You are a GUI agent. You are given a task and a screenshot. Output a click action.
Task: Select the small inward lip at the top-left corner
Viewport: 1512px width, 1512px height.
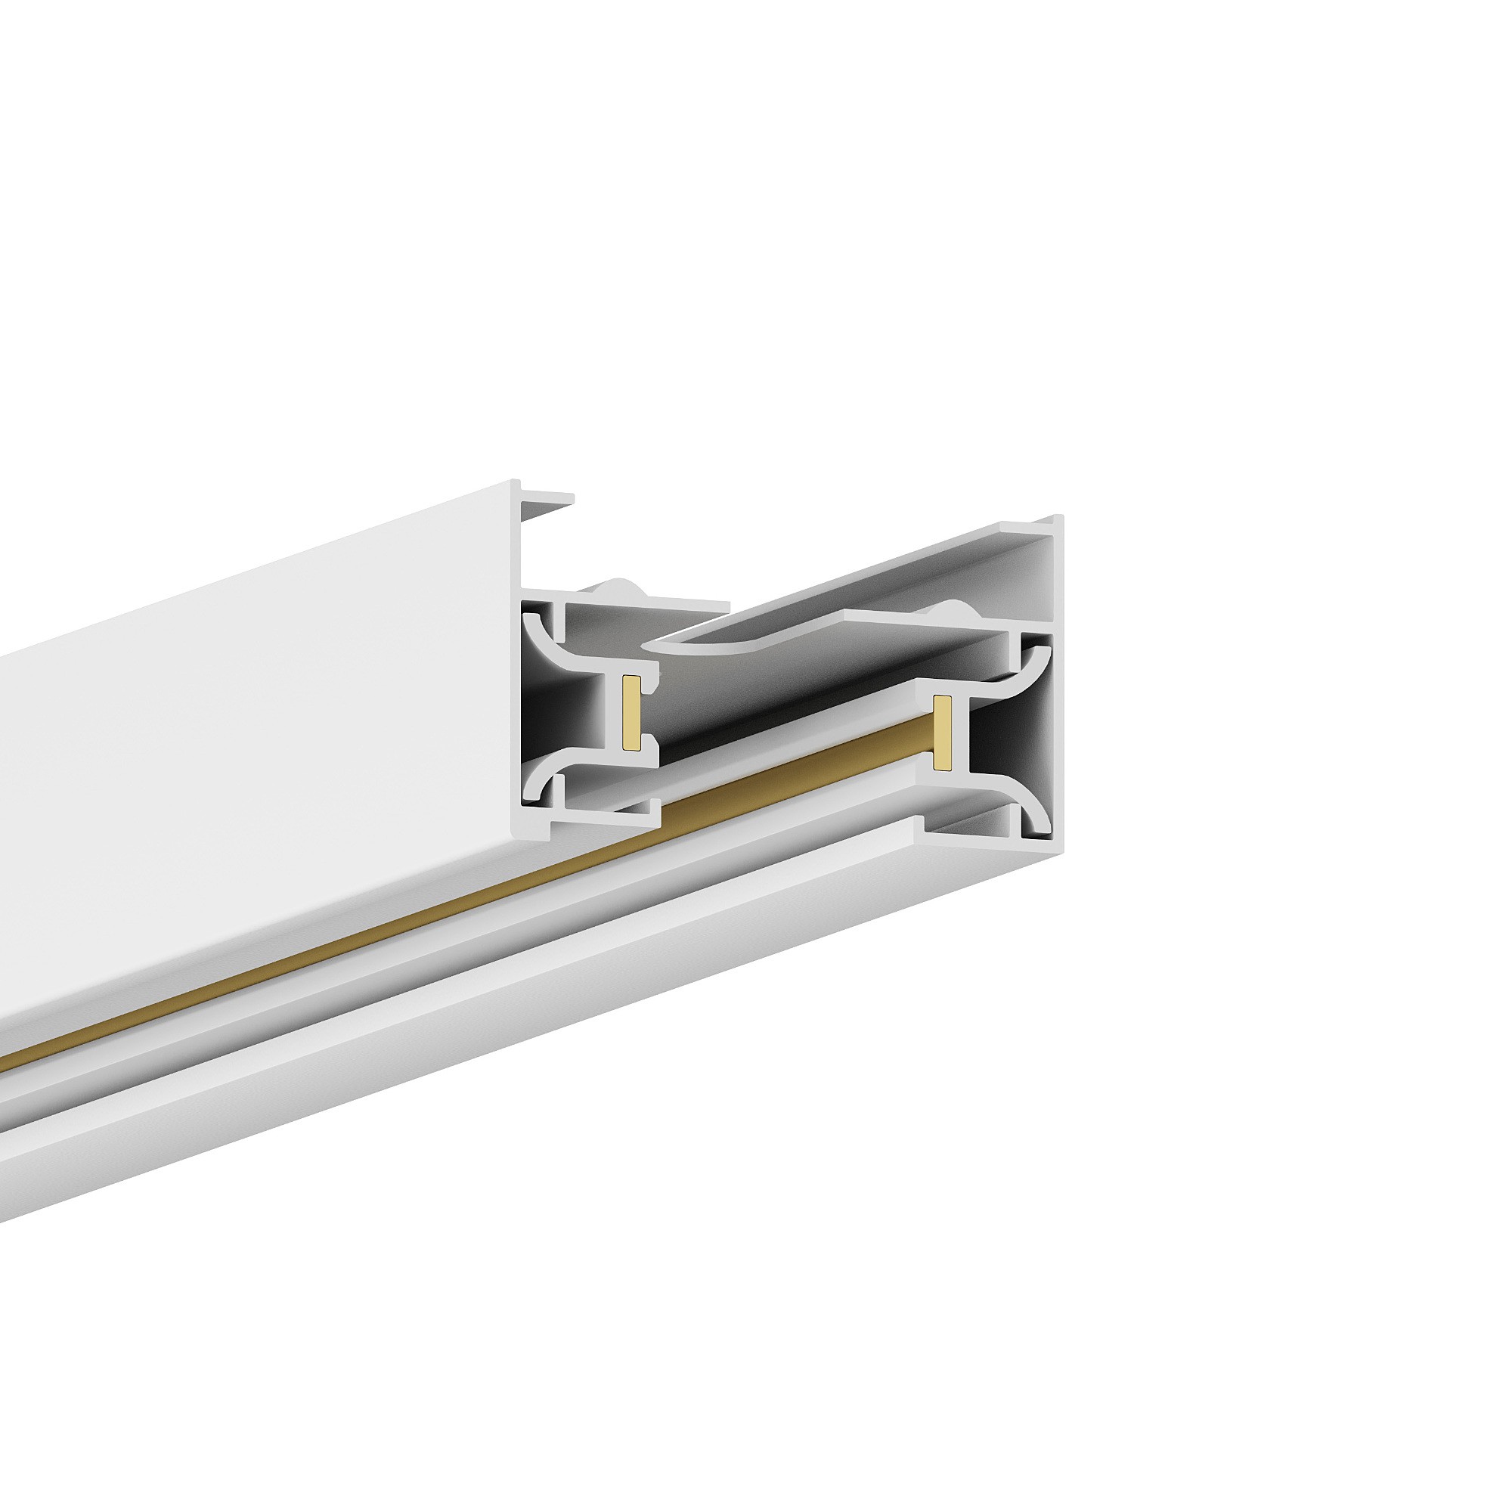(x=547, y=498)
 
